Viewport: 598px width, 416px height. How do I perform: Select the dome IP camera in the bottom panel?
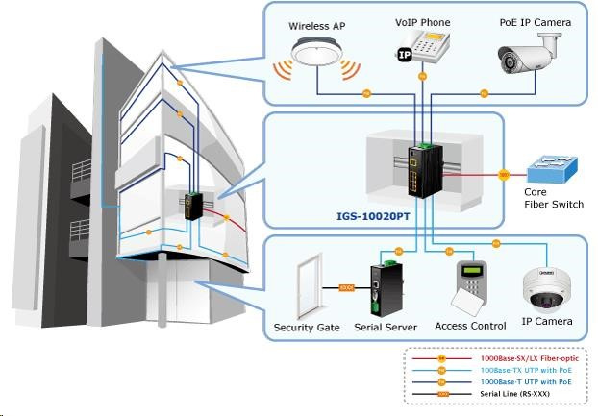click(x=546, y=287)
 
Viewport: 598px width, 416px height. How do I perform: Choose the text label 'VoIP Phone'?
click(x=422, y=22)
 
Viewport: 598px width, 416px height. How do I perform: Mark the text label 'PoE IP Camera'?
click(x=535, y=22)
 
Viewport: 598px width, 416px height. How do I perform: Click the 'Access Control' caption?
click(x=470, y=326)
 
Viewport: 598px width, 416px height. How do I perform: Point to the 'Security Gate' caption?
click(x=307, y=328)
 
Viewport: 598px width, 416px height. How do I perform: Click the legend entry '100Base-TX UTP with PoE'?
click(x=528, y=369)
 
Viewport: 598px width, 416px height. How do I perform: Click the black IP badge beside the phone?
click(x=405, y=56)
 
